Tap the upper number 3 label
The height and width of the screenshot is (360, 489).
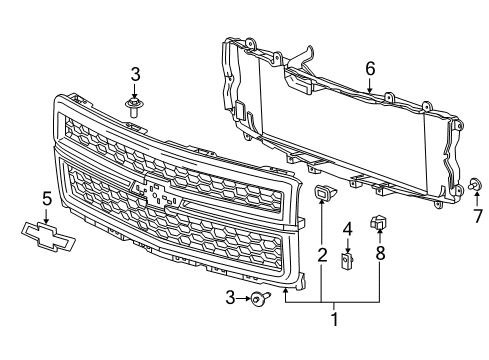[x=133, y=74]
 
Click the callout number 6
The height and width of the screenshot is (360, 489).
[x=370, y=69]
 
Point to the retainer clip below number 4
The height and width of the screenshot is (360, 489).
[x=347, y=262]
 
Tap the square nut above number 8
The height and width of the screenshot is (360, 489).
[x=378, y=223]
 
